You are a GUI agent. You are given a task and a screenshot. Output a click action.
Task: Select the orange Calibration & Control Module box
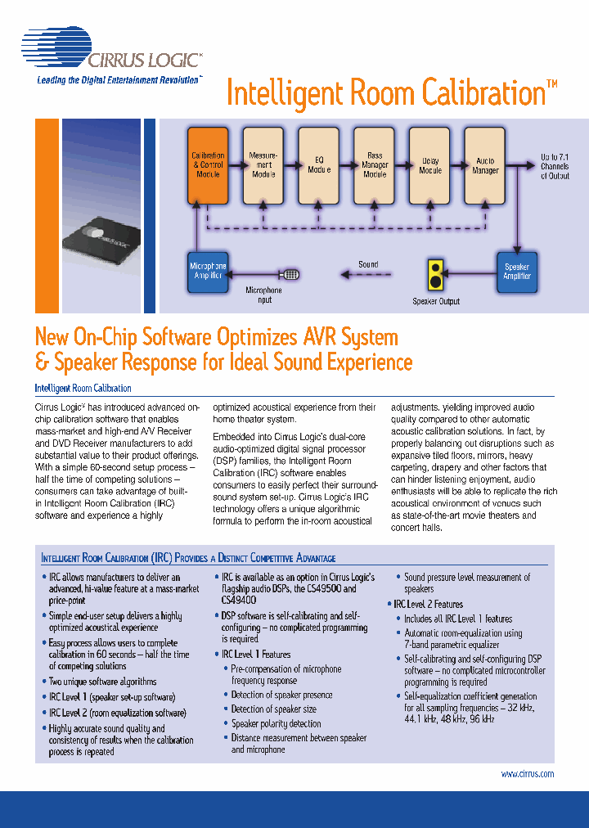[208, 165]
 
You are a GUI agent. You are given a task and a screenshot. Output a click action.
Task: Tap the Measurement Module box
[263, 165]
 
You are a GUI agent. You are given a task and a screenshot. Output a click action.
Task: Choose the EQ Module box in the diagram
[319, 165]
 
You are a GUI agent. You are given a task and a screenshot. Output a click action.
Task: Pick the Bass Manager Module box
[375, 165]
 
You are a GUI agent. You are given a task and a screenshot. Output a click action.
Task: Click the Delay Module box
[430, 165]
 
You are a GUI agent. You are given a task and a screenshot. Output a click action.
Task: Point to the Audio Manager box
[485, 165]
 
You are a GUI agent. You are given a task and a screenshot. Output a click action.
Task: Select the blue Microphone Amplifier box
[208, 271]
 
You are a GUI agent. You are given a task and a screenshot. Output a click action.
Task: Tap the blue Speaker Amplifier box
[517, 271]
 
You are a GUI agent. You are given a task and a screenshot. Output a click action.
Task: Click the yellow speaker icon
[435, 275]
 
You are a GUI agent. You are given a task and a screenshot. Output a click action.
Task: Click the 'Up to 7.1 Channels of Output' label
[555, 166]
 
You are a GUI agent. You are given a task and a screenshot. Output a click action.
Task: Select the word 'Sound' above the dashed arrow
[368, 264]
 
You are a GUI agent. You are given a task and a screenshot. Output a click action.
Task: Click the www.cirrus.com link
[527, 774]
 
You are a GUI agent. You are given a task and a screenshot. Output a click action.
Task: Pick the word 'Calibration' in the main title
[483, 93]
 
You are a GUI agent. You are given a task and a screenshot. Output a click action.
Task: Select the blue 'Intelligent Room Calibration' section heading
[83, 389]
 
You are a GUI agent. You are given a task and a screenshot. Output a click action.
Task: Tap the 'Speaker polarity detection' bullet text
[276, 723]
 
